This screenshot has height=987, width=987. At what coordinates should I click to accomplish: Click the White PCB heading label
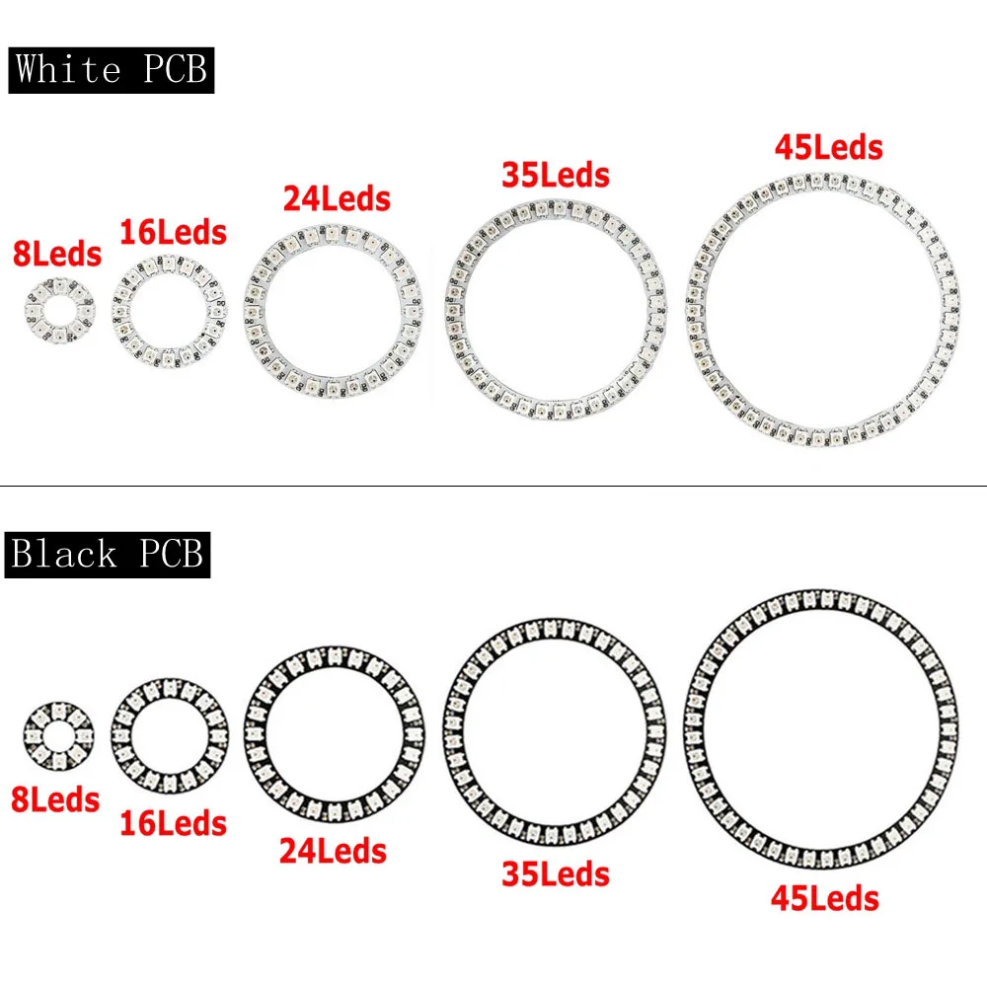pyautogui.click(x=112, y=70)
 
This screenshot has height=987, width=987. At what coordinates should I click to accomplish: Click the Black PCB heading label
pyautogui.click(x=108, y=555)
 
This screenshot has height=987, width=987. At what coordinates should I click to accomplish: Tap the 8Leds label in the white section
pyautogui.click(x=57, y=255)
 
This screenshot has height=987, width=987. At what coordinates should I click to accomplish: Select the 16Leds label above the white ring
pyautogui.click(x=173, y=232)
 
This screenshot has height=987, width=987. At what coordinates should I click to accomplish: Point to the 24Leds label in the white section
pyautogui.click(x=337, y=199)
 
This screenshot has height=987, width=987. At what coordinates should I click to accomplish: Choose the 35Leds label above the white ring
pyautogui.click(x=556, y=175)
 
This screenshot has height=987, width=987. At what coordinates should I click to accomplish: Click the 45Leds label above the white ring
pyautogui.click(x=828, y=148)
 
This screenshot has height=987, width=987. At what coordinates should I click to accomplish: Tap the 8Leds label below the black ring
pyautogui.click(x=55, y=800)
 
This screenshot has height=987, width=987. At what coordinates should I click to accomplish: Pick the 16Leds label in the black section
pyautogui.click(x=173, y=824)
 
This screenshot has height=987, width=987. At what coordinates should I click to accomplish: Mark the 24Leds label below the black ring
pyautogui.click(x=333, y=851)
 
